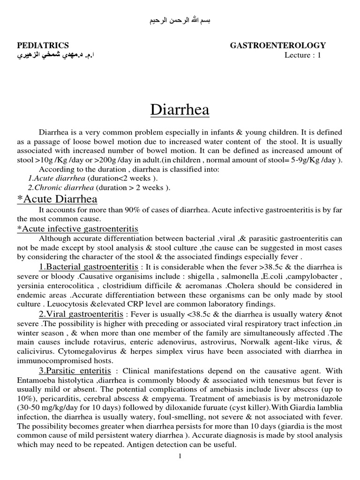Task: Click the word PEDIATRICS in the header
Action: click(43, 45)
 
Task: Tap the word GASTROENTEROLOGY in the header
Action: click(277, 45)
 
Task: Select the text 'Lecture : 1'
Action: click(303, 56)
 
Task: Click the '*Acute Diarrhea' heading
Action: click(57, 199)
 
